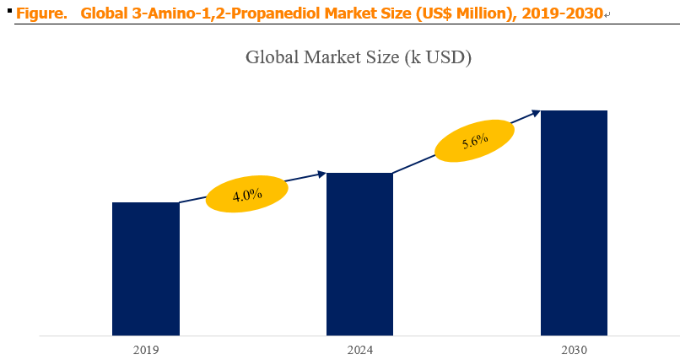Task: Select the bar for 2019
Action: (146, 269)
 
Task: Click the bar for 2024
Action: (359, 254)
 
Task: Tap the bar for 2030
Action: (574, 223)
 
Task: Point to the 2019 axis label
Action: (146, 350)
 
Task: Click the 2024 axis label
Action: (360, 350)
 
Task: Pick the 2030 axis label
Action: (575, 350)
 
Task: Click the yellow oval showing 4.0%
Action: (246, 194)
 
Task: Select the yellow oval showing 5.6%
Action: (474, 141)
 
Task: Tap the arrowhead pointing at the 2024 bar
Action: (321, 175)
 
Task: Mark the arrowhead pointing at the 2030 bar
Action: (536, 113)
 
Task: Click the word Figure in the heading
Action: (41, 13)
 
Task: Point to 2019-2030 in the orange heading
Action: (563, 13)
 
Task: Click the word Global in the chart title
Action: (273, 57)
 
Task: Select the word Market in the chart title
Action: (331, 57)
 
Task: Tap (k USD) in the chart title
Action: (438, 57)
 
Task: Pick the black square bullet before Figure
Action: (9, 9)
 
